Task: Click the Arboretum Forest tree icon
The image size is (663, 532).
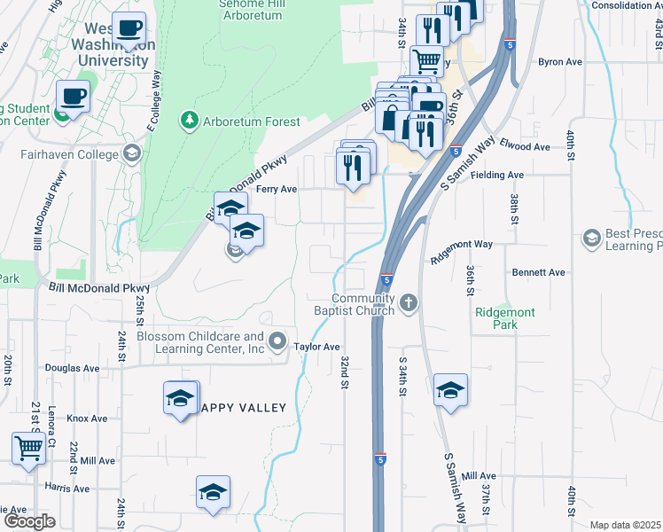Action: [188, 121]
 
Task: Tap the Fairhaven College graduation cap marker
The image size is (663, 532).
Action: [132, 154]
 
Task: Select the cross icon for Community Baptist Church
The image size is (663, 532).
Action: [408, 304]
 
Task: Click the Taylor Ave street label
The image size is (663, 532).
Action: [317, 347]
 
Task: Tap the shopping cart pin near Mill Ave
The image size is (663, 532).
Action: [29, 448]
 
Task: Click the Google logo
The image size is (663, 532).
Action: [29, 521]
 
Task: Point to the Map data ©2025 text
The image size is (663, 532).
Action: [625, 525]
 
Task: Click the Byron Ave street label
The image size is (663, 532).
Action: [560, 62]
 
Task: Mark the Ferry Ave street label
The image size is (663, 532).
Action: [276, 190]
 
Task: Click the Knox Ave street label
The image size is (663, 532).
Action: [86, 419]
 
